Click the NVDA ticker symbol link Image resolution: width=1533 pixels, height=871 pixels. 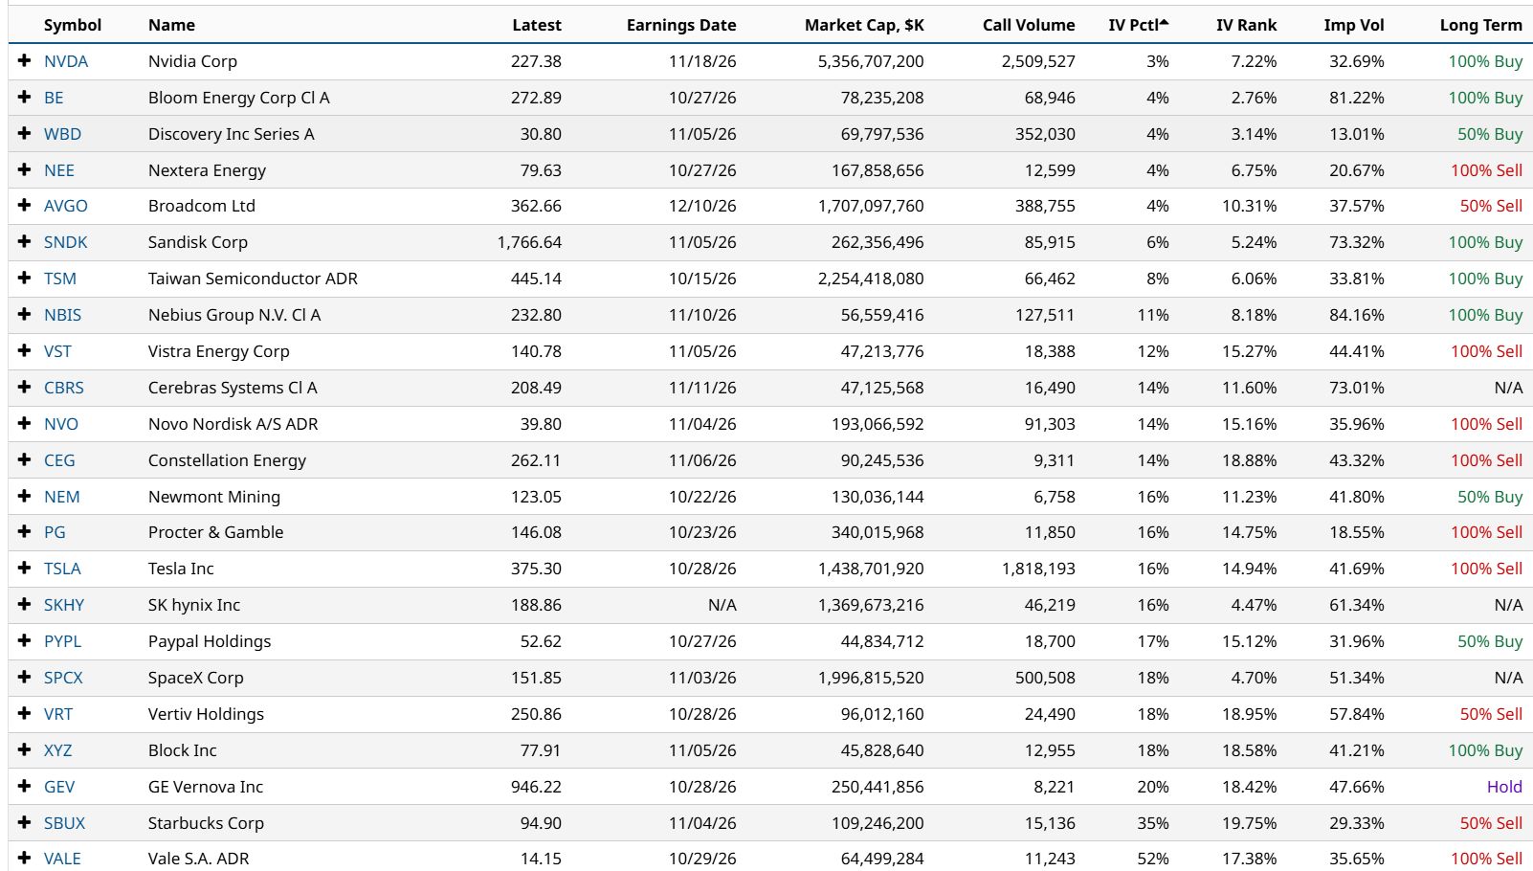66,61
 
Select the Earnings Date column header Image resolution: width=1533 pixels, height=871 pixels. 681,25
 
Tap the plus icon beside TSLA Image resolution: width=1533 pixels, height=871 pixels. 25,568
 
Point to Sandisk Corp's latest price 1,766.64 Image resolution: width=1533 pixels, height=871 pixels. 529,242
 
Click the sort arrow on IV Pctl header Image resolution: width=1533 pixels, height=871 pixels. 1165,23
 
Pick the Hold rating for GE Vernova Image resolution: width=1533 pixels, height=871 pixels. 1504,787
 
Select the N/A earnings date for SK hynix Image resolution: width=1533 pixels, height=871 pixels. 722,605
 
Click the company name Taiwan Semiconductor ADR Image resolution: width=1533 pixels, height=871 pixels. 253,279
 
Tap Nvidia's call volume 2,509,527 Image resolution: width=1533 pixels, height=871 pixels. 1038,61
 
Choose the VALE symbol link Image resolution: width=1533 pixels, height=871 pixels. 62,859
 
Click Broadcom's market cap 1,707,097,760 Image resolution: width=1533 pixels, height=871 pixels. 871,206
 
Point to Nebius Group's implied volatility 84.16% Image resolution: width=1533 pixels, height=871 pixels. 1356,315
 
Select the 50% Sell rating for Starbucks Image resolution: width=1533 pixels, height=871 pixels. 1491,823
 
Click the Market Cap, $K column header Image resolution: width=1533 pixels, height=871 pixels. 864,25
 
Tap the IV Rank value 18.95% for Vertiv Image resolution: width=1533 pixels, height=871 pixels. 1249,714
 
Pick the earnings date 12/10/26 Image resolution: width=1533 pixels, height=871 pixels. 702,206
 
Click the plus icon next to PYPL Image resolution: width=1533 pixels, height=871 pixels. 25,640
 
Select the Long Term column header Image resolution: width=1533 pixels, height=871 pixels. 1481,25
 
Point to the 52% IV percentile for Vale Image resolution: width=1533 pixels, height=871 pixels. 1153,859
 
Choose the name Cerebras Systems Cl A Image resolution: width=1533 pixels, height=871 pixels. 233,388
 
